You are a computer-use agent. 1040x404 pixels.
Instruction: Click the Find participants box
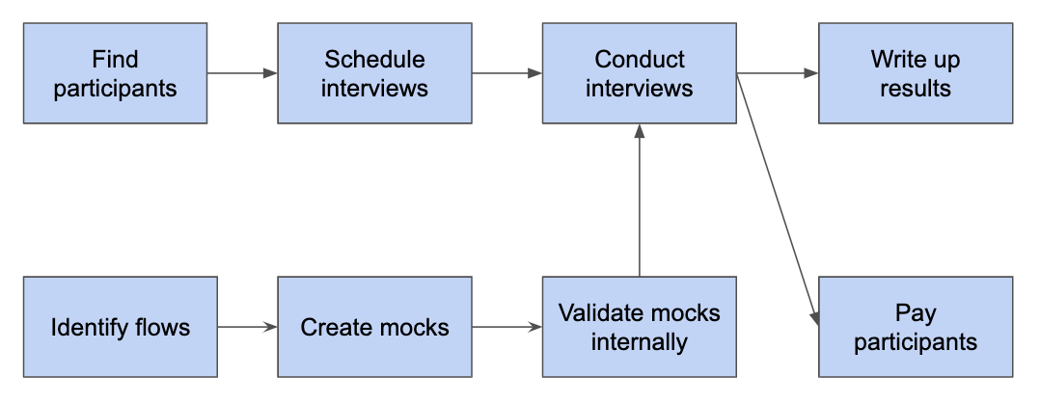coord(115,74)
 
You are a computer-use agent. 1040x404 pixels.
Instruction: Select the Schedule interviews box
coord(374,74)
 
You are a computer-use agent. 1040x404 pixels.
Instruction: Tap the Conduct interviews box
coord(639,74)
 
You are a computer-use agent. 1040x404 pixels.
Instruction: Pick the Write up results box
coord(915,74)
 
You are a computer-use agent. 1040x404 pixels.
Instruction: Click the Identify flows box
coord(120,327)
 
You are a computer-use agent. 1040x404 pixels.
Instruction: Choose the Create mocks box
coord(374,327)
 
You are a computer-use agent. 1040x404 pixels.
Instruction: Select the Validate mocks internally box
coord(639,327)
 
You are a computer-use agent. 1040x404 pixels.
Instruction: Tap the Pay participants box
coord(915,327)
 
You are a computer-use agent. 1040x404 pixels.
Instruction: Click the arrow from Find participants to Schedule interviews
coord(241,73)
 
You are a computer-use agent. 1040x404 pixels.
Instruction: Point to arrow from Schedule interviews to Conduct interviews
coord(506,73)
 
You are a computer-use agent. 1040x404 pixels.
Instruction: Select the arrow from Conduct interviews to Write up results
coord(777,73)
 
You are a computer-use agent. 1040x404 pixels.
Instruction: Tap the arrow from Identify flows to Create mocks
coord(247,327)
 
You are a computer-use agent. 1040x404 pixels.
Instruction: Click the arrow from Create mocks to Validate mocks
coord(506,327)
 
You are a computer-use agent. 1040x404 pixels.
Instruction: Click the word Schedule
coord(374,60)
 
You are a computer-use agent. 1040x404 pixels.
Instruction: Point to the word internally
coord(639,341)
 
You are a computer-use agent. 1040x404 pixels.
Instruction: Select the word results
coord(915,89)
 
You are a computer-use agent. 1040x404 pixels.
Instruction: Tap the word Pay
coord(915,313)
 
